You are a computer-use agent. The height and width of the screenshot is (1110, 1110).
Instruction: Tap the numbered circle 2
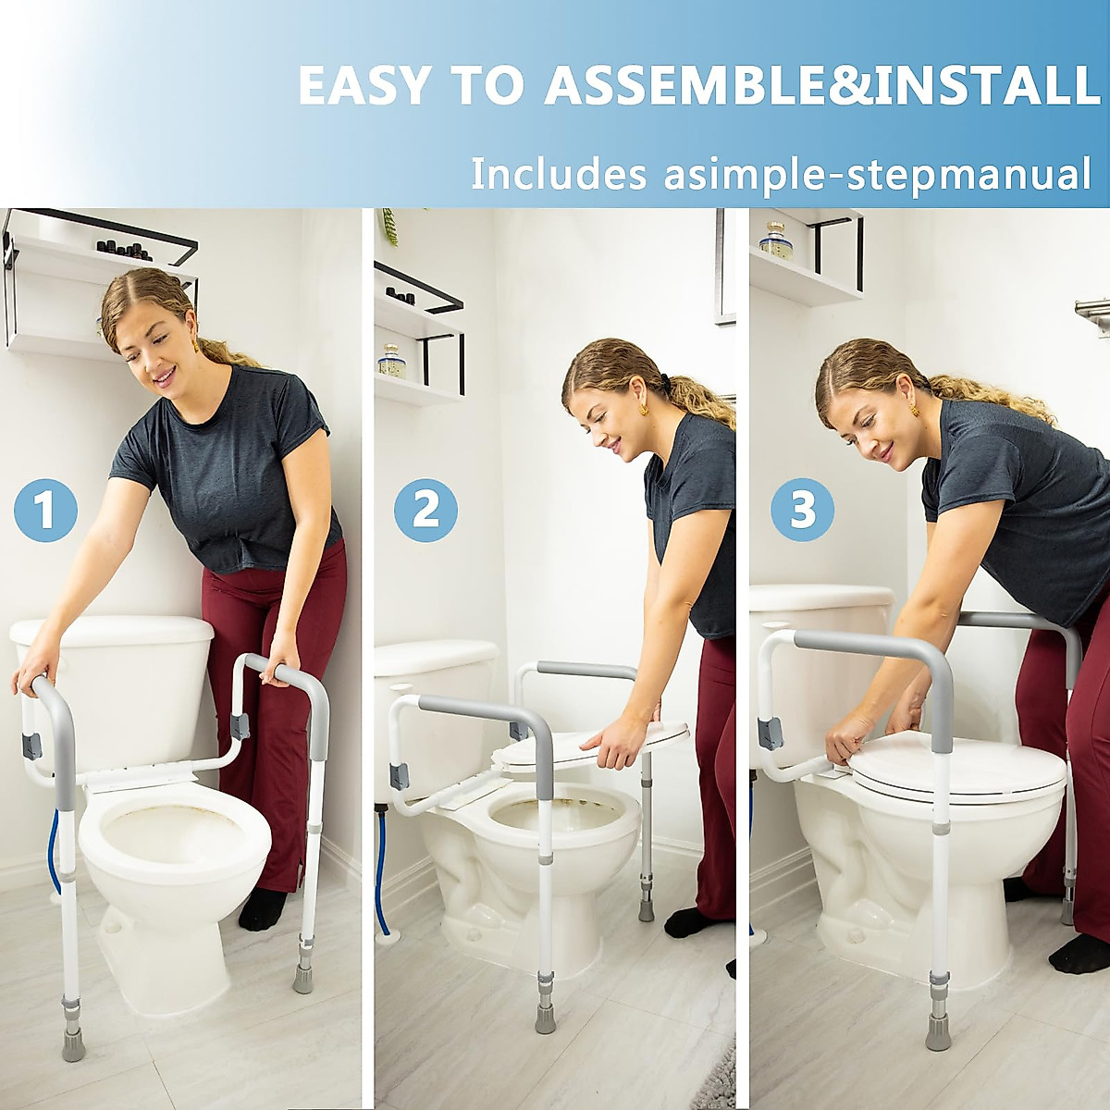[425, 510]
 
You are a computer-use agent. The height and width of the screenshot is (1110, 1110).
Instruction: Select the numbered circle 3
[802, 510]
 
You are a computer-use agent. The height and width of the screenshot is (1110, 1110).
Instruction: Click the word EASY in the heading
[364, 85]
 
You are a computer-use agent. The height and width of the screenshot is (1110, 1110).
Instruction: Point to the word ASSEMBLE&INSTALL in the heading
[821, 85]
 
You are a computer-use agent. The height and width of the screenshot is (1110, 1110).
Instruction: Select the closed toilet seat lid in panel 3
[957, 768]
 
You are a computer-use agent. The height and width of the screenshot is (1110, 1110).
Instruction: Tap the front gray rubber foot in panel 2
[545, 1016]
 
